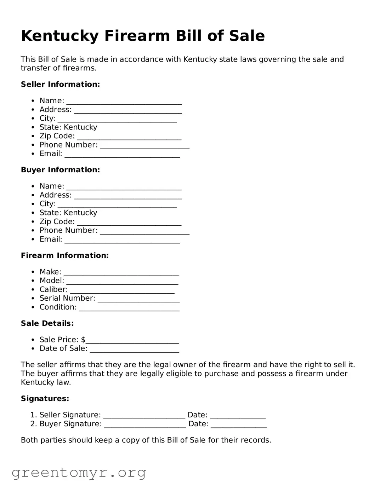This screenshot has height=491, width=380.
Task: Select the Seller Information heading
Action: (x=60, y=84)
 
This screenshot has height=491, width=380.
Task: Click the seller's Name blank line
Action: (x=124, y=102)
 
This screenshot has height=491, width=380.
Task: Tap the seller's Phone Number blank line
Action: (x=144, y=146)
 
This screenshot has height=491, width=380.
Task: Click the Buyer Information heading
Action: (x=60, y=170)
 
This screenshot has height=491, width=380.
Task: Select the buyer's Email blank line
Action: (x=122, y=241)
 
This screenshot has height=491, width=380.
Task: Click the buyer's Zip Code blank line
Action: (x=129, y=223)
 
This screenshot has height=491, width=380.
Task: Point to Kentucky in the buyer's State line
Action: (x=80, y=213)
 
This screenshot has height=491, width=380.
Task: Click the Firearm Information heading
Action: (x=64, y=255)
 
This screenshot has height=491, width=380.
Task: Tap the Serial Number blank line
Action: (x=138, y=300)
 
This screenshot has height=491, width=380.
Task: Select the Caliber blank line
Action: (x=122, y=291)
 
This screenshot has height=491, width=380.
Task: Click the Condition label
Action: (x=58, y=307)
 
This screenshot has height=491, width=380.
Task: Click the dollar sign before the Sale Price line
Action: (x=83, y=340)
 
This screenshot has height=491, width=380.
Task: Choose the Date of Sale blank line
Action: (x=134, y=350)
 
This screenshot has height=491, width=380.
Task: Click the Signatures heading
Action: (x=45, y=399)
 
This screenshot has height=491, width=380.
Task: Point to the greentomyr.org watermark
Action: (x=79, y=473)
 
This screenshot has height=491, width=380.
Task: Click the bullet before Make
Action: (x=33, y=272)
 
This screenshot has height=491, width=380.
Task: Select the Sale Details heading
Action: (x=47, y=323)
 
